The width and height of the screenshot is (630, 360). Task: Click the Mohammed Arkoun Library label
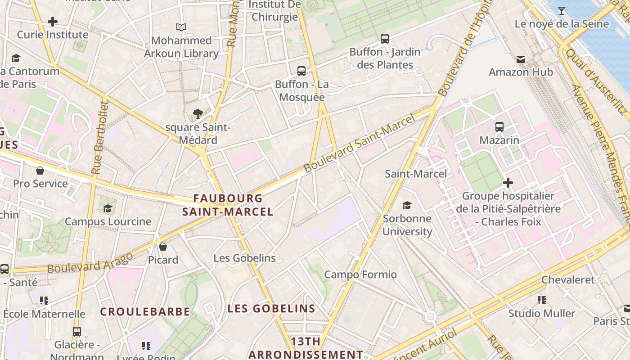pos(181,47)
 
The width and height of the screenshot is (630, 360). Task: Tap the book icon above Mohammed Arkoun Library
pos(181,27)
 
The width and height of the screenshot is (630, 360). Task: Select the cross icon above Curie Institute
pos(53,21)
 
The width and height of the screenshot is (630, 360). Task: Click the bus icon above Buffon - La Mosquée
pos(301,71)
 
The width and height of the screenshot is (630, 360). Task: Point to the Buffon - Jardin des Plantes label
pos(385,58)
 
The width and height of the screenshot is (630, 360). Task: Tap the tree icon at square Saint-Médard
pos(198,114)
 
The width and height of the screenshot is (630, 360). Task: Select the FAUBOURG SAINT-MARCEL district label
pos(228,205)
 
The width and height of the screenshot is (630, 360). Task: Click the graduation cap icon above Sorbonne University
pos(407,205)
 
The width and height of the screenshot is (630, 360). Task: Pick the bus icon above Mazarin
pos(499,127)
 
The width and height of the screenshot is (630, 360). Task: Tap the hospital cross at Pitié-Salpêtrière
pos(508,183)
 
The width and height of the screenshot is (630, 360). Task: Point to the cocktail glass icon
pos(562,10)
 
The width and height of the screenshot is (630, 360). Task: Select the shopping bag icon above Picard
pos(163,247)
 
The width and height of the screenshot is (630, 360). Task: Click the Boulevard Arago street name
pos(90,263)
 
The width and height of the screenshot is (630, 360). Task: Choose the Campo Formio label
pos(360,274)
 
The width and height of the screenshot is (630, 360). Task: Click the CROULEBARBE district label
pos(145,311)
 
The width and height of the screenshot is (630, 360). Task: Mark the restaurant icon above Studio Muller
pos(542,300)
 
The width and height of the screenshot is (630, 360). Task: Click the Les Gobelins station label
pos(244,258)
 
